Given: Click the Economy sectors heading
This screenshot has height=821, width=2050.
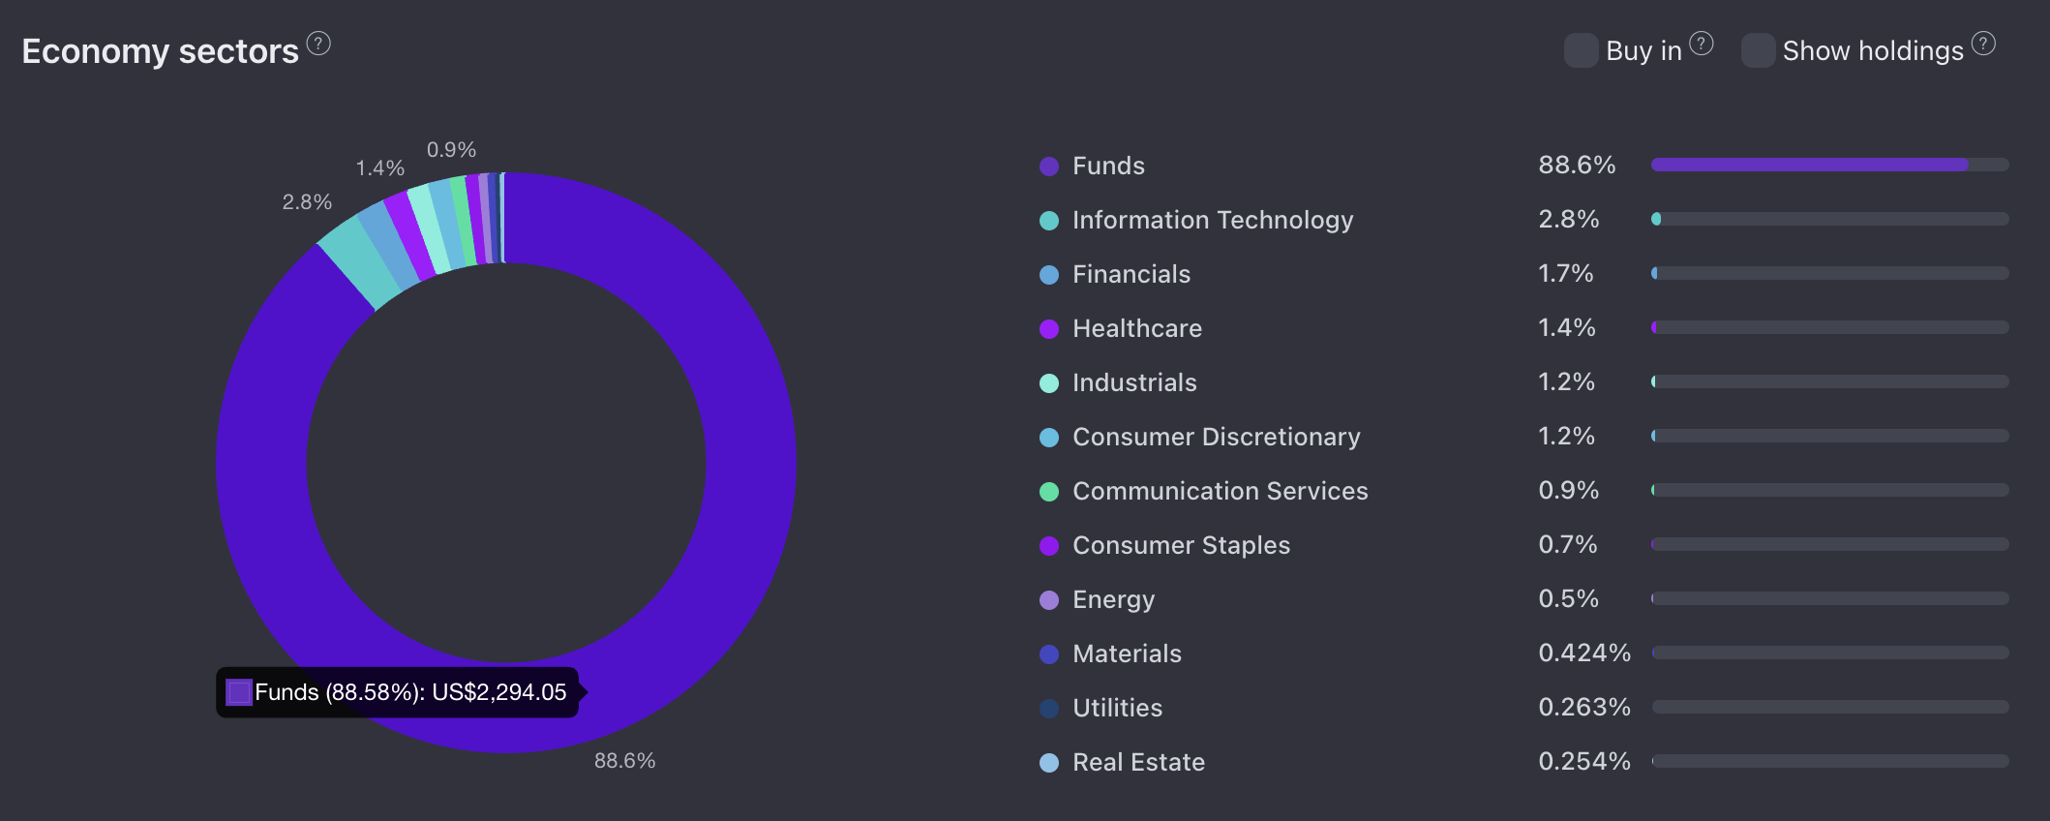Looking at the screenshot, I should click(x=160, y=51).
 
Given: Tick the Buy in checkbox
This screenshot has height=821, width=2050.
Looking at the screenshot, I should click(x=1581, y=50).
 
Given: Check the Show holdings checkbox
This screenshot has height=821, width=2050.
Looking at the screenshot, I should click(x=1758, y=50).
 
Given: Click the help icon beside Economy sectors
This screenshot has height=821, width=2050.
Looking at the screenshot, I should click(x=318, y=44).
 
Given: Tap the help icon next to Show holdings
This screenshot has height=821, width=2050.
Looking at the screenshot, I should click(x=1983, y=44).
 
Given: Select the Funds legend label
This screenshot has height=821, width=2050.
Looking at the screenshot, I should click(x=1108, y=167).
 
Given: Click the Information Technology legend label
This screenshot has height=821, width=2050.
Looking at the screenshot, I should click(x=1212, y=221).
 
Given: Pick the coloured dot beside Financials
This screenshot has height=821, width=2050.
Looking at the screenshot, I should click(x=1049, y=275).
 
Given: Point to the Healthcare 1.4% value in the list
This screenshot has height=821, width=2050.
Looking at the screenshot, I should click(x=1566, y=328).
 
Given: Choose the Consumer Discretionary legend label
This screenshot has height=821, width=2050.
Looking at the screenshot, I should click(x=1216, y=438).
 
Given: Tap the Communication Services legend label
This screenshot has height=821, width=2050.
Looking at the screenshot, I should click(x=1220, y=492).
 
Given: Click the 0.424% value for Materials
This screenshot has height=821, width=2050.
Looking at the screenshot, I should click(x=1583, y=654).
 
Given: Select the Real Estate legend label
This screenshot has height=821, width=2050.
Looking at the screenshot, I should click(x=1138, y=763).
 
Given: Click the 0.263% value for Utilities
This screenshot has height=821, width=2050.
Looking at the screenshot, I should click(x=1583, y=708).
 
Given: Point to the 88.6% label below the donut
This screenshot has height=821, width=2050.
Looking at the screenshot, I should click(x=624, y=761).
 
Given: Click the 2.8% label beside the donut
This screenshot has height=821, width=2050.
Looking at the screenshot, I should click(x=307, y=202).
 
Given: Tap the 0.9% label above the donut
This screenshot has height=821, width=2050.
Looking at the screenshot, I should click(x=451, y=150).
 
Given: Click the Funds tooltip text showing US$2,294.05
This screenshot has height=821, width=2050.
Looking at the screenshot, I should click(x=409, y=692).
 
